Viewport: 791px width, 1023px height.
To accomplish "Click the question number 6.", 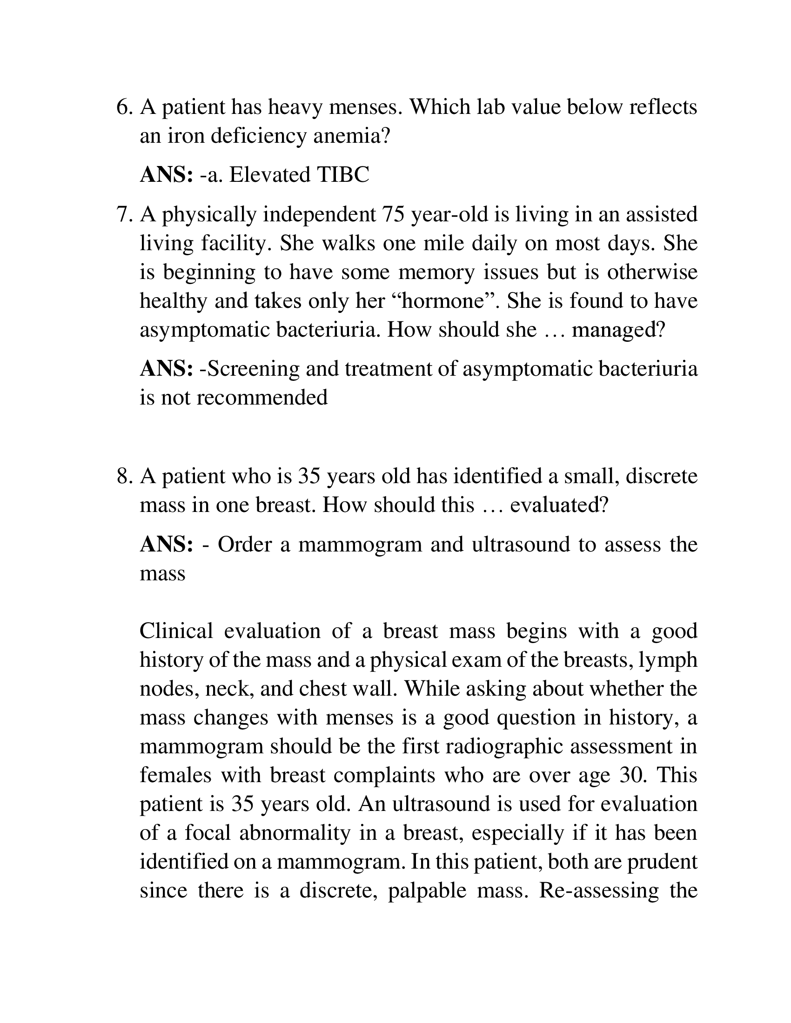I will pos(124,107).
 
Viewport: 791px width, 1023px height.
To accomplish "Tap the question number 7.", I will pos(124,215).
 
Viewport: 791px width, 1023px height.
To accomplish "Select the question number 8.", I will pos(124,476).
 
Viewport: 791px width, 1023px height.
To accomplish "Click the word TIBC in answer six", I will pos(343,175).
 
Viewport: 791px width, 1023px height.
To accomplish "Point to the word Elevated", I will pos(269,175).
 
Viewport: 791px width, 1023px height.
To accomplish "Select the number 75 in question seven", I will pos(393,215).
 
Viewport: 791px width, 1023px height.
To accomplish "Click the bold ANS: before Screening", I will pos(167,369).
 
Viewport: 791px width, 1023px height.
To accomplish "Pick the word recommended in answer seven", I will pos(261,398).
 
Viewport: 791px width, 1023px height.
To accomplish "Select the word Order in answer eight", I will pos(245,545).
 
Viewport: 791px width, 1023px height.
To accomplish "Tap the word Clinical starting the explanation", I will pos(176,631).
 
